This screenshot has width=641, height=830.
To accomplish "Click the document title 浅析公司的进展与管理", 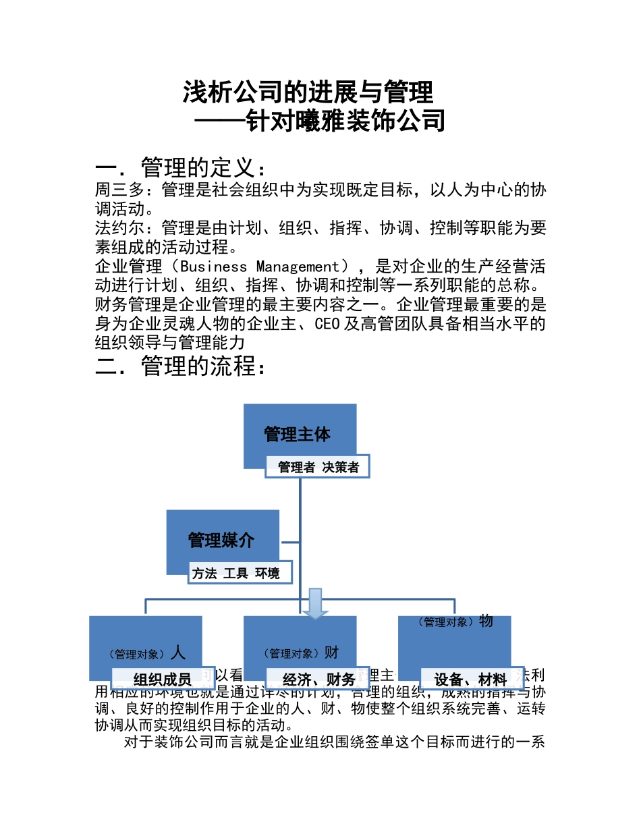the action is coord(308,92).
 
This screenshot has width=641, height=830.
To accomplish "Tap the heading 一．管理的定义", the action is coord(182,167).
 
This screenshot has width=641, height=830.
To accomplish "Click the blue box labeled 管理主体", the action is coord(299,432).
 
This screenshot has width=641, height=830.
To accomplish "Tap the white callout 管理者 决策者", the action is coord(318,467).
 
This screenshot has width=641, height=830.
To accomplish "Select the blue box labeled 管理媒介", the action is coord(222,539).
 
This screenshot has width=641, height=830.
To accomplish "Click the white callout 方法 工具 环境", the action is coord(236,574).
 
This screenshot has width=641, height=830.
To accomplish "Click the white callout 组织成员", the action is coord(163,679).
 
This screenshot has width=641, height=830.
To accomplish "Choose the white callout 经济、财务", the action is coord(318,679).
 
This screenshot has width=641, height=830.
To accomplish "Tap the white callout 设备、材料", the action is coord(470,679).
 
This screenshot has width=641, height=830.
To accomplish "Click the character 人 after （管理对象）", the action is coord(178,653).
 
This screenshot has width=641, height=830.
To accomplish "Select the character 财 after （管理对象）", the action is coord(331,653).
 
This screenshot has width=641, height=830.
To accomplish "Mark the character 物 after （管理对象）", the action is coord(486,621).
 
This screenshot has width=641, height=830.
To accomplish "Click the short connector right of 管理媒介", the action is coord(289,541).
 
